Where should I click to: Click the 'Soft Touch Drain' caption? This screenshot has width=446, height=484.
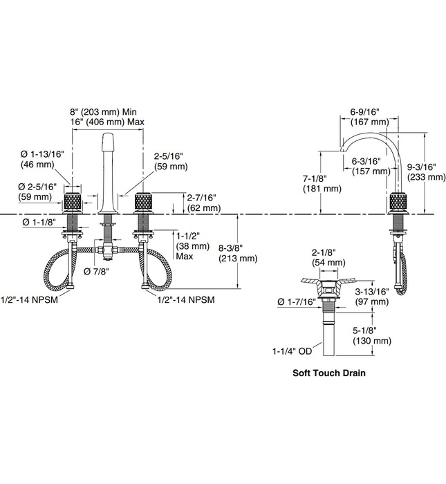(328, 373)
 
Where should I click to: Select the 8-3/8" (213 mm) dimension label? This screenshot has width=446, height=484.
(237, 253)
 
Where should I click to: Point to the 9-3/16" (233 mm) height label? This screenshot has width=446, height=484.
(427, 171)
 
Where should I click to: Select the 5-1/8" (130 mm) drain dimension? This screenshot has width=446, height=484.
(372, 336)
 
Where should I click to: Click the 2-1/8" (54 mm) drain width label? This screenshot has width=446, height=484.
(328, 257)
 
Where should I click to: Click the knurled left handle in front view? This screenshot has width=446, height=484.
(73, 204)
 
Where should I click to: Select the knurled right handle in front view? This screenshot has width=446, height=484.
(143, 204)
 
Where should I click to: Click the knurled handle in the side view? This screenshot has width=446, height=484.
(400, 204)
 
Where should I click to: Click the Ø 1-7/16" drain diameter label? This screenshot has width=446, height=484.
(295, 302)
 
